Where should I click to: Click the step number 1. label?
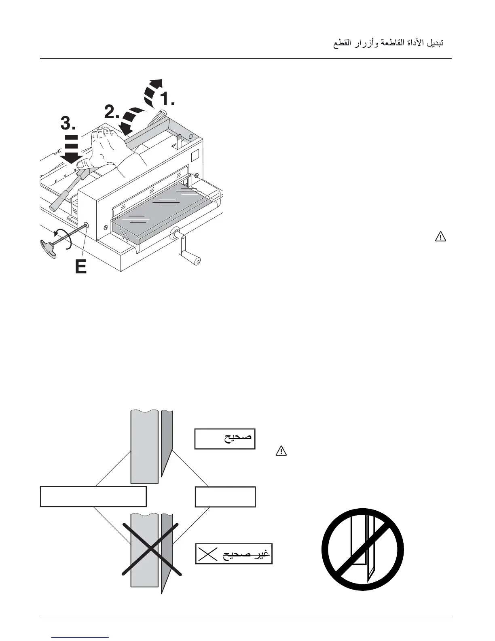tap(166, 99)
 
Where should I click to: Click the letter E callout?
tap(81, 267)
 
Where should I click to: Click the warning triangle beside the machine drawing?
tap(440, 236)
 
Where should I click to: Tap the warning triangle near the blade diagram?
tap(281, 450)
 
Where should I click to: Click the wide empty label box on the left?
tap(93, 497)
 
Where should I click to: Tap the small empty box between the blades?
tap(225, 497)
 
